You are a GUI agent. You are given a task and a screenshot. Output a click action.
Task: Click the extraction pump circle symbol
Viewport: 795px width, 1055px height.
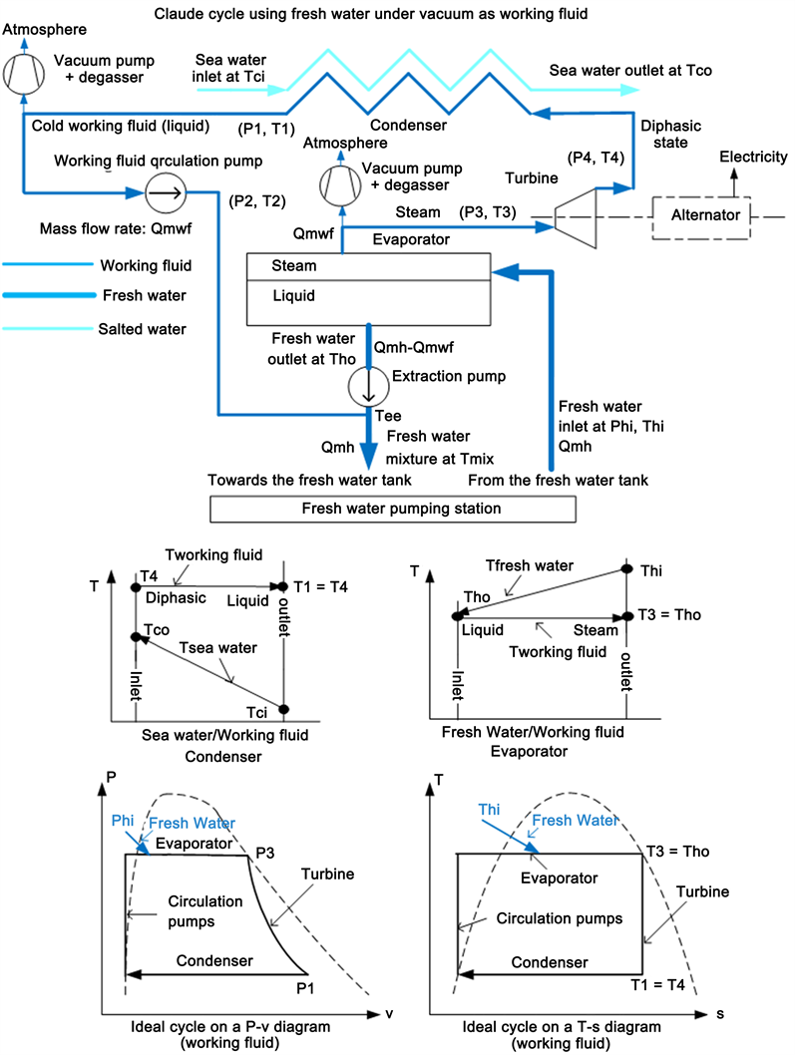pyautogui.click(x=367, y=383)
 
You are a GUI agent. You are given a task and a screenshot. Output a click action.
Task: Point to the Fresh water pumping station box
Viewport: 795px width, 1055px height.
pyautogui.click(x=392, y=509)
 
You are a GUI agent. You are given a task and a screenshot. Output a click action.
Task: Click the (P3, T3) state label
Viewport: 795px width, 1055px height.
pyautogui.click(x=489, y=211)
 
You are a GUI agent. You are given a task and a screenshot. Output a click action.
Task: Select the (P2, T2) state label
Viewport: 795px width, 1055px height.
pyautogui.click(x=257, y=201)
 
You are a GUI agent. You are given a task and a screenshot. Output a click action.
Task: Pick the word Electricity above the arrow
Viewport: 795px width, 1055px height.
pyautogui.click(x=753, y=157)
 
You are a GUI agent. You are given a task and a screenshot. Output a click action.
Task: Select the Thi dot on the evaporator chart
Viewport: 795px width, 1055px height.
pyautogui.click(x=626, y=568)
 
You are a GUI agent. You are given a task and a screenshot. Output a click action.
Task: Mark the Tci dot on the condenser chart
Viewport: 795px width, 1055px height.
pyautogui.click(x=283, y=709)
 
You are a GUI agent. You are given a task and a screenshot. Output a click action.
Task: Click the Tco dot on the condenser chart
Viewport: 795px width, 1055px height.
pyautogui.click(x=136, y=636)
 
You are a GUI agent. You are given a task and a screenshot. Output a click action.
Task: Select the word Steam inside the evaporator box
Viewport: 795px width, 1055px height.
pyautogui.click(x=294, y=266)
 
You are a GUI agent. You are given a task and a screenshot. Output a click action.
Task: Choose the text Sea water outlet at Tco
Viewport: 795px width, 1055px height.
pyautogui.click(x=629, y=72)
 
